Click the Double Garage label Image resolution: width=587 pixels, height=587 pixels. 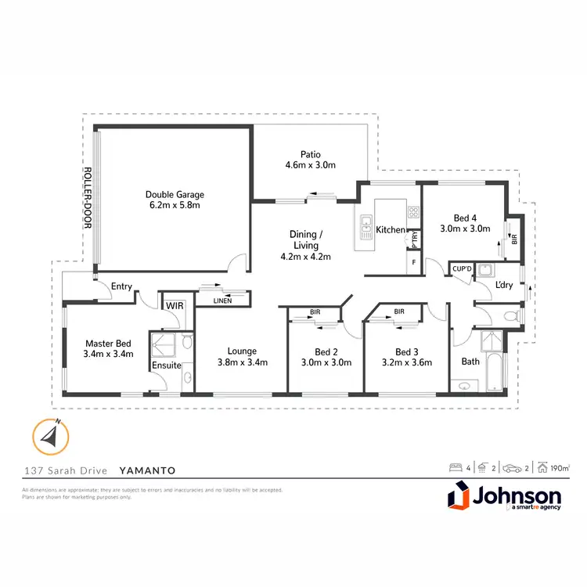(173, 200)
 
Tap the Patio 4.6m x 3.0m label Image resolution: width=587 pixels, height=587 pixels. (311, 160)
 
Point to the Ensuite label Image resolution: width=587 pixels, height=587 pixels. (167, 365)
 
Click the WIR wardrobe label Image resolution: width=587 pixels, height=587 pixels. (171, 305)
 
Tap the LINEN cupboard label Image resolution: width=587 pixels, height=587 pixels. (221, 301)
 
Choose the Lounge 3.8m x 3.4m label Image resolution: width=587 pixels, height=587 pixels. (242, 356)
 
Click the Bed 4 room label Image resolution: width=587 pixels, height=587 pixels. (472, 224)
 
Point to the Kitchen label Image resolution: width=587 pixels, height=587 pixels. (390, 230)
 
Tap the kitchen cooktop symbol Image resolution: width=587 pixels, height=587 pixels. (412, 211)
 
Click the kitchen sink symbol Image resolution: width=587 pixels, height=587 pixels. (366, 229)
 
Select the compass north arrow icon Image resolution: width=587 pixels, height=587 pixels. (51, 435)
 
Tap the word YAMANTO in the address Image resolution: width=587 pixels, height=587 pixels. (147, 471)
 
